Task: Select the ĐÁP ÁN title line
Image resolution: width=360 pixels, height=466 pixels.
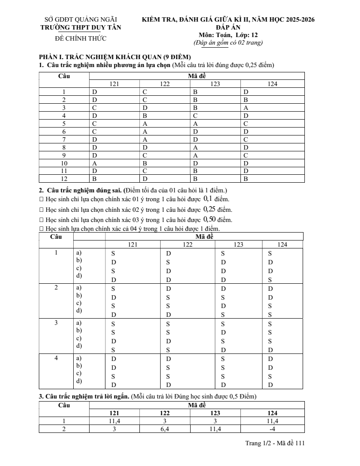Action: pos(228,27)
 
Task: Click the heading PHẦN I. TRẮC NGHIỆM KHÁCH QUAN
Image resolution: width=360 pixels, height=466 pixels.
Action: pos(115,57)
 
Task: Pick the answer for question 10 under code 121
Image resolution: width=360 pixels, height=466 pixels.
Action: pos(94,163)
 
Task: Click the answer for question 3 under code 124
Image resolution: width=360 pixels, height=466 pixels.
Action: pos(246,108)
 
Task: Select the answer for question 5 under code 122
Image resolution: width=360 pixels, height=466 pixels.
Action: pos(144,124)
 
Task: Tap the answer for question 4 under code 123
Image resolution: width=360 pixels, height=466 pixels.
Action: pos(195,116)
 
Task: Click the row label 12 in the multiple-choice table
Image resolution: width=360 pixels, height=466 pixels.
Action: pos(64,179)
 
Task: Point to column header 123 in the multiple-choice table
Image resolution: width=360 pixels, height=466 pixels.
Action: pos(215,84)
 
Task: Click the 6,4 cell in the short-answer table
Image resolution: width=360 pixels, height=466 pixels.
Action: pos(165,429)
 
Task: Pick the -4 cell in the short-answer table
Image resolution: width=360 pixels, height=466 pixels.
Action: pos(272,429)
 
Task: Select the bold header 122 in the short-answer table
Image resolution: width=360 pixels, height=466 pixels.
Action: pos(165,413)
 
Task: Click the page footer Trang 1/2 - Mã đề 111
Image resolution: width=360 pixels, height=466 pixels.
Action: pos(275,443)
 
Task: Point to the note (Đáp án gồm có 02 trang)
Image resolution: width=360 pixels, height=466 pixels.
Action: pos(228,43)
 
